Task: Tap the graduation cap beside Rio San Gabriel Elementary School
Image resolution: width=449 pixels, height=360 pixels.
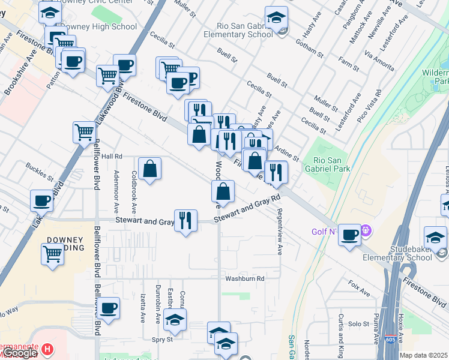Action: (x=276, y=18)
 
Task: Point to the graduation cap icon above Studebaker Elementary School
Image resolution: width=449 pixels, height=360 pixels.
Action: (x=435, y=238)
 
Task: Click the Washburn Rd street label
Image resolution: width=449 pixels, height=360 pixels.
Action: (x=245, y=278)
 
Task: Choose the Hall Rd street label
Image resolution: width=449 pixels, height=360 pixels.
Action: (x=112, y=156)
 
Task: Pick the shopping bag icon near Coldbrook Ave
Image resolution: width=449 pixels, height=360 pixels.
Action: (x=149, y=169)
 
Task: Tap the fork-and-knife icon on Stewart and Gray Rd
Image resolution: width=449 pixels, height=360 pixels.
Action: (x=185, y=220)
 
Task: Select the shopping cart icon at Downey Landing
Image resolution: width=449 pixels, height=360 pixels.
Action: (x=52, y=254)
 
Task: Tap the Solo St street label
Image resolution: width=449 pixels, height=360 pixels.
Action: (x=358, y=324)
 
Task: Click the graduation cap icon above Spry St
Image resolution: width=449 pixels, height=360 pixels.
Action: (x=175, y=320)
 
